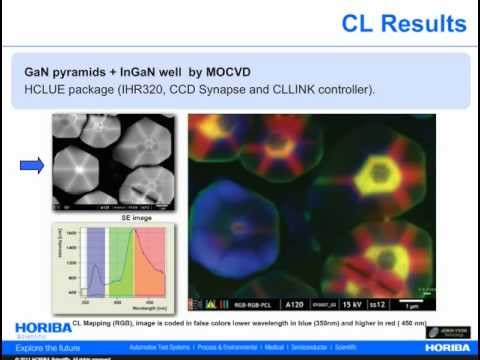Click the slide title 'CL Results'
(403, 22)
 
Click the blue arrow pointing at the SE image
(32, 165)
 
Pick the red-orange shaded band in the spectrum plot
(154, 263)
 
